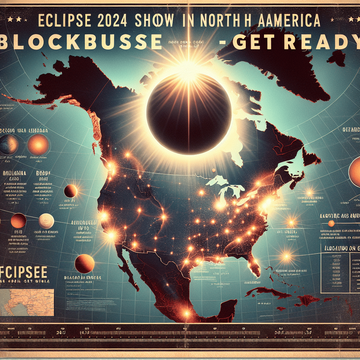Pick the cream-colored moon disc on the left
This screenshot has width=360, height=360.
click(46, 221)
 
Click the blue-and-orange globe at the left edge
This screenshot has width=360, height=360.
click(9, 144)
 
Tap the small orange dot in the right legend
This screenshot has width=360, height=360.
click(331, 223)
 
